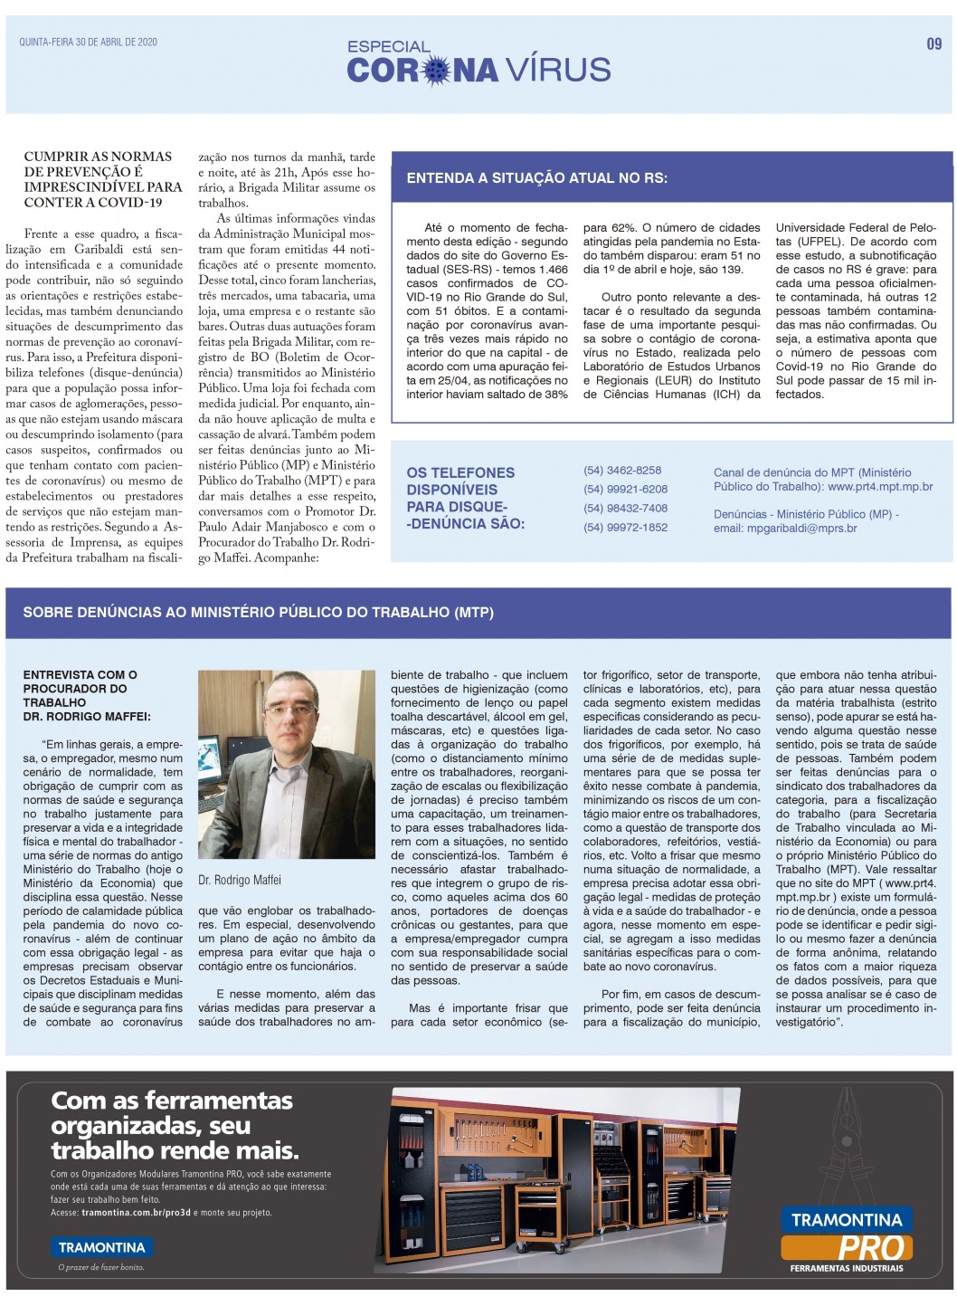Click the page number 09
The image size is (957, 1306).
coord(933,43)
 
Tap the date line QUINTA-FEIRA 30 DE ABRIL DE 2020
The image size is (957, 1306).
coord(88,43)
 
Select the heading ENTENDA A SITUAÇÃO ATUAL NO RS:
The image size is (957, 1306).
coord(536,178)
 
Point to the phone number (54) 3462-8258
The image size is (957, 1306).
coord(622,471)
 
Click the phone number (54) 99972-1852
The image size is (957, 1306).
coord(625,528)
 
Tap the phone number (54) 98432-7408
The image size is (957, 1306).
coord(625,509)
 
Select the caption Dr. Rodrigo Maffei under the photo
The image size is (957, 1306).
coord(240,880)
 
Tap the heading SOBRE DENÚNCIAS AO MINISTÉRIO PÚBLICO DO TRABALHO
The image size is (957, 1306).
coord(259,613)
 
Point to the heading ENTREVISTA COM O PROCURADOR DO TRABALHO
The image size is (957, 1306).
coord(87,695)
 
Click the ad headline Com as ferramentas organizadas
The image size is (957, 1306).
coord(174,1125)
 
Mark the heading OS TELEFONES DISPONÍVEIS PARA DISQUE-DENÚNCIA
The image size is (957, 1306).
coord(465,498)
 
